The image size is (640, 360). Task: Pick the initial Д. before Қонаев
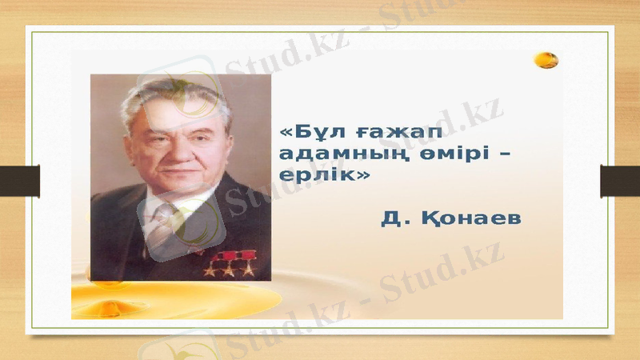[393, 218]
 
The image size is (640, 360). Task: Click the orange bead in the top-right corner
[547, 59]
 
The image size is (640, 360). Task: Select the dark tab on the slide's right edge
[620, 180]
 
